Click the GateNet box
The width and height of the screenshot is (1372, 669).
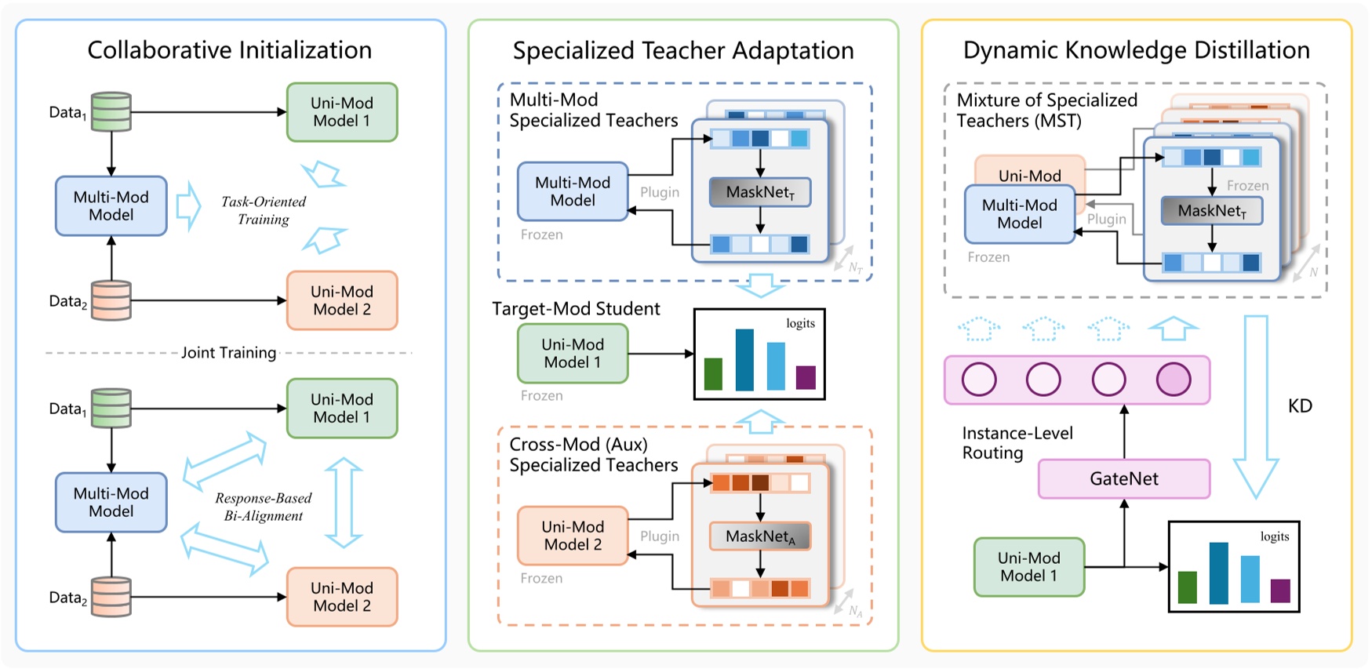click(1123, 478)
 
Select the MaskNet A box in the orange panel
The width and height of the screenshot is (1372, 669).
click(759, 536)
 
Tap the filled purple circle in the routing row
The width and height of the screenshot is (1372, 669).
click(1173, 380)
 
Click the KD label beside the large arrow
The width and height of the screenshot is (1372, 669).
click(1299, 406)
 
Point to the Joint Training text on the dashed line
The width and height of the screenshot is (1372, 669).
click(228, 353)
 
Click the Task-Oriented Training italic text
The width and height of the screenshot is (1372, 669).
click(264, 210)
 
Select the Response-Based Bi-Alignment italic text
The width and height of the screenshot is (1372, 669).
click(264, 507)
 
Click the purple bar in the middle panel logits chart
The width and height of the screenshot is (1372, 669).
click(805, 377)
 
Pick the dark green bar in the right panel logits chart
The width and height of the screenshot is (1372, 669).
click(1187, 587)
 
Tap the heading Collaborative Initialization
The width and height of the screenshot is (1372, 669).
click(229, 50)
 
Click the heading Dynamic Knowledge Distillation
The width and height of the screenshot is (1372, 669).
click(1136, 50)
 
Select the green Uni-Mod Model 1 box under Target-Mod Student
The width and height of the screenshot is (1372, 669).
click(573, 354)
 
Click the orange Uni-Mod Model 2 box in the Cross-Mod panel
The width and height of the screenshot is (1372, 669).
click(573, 536)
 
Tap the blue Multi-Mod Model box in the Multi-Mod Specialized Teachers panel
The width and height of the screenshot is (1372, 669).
click(573, 191)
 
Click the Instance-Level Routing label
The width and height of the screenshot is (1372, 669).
click(1017, 443)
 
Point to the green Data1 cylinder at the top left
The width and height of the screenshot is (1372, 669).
click(111, 111)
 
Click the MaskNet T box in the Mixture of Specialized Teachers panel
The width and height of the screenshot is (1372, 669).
click(1211, 211)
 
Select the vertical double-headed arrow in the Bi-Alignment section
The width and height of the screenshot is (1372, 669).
click(343, 503)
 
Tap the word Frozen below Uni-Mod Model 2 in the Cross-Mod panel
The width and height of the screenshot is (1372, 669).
click(541, 578)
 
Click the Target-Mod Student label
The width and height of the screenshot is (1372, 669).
click(576, 309)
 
